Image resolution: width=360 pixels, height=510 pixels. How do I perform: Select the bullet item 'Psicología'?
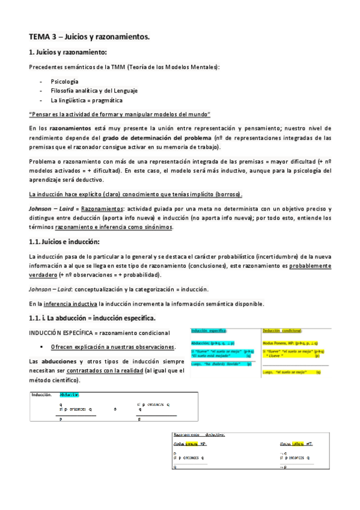tap(64, 81)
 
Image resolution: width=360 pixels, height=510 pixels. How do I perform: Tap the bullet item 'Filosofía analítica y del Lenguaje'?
tap(94, 90)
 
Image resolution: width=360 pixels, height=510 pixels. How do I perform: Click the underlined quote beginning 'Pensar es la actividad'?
tap(120, 114)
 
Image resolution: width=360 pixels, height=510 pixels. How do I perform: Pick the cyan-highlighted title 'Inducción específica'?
tap(209, 331)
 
